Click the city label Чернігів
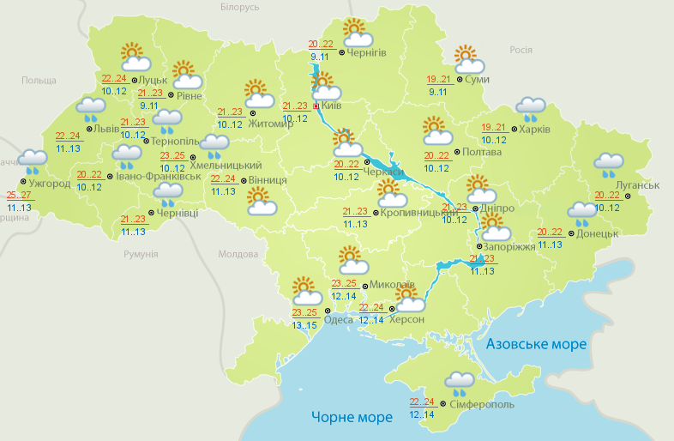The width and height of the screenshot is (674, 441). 367,52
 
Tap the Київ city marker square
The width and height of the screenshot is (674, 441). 316,106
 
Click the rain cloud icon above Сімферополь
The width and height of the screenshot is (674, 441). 460,382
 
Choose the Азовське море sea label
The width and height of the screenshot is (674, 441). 537,344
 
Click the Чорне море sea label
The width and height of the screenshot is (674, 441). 352,417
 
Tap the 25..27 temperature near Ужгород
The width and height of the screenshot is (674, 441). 18,195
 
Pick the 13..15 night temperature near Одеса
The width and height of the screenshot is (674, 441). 304,325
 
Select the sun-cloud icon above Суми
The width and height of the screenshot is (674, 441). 468,59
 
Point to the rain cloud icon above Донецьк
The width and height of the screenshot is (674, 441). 581,212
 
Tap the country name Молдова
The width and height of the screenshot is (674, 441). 238,255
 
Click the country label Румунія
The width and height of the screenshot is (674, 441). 141,255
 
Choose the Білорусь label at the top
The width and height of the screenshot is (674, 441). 238,8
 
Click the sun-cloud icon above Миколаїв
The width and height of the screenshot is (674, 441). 352,258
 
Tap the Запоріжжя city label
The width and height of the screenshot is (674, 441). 509,247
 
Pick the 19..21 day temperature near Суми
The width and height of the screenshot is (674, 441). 438,79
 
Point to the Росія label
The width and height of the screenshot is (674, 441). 521,50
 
